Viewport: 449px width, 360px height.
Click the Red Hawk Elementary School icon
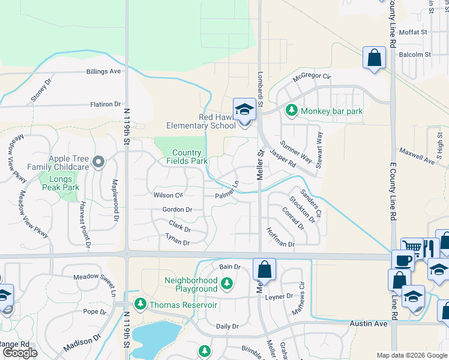(x=244, y=110)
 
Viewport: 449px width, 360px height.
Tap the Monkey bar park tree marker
(x=292, y=110)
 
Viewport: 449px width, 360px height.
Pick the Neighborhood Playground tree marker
(x=226, y=283)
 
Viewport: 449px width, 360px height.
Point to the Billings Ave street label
(x=103, y=71)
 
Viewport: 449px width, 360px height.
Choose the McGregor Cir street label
(x=312, y=76)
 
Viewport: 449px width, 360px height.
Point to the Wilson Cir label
(x=168, y=196)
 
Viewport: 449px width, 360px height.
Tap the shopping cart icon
(x=412, y=248)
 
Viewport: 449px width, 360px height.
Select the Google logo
(x=20, y=353)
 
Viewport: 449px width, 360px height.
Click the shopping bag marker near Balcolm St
(x=374, y=58)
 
